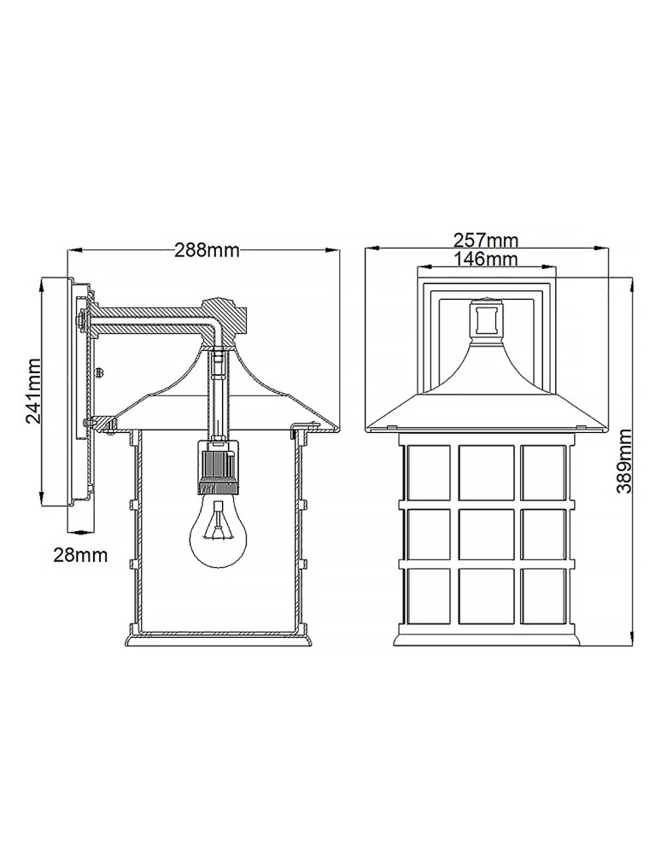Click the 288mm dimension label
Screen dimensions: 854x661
point(206,250)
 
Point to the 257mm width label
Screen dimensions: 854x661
point(488,242)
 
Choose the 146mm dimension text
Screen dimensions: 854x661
point(488,259)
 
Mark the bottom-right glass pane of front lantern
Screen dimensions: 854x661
point(544,594)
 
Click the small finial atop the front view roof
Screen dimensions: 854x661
point(486,320)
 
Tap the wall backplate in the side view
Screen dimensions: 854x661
point(72,393)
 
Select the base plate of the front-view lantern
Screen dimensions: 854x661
point(486,637)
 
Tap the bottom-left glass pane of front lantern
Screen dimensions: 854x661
point(426,594)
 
